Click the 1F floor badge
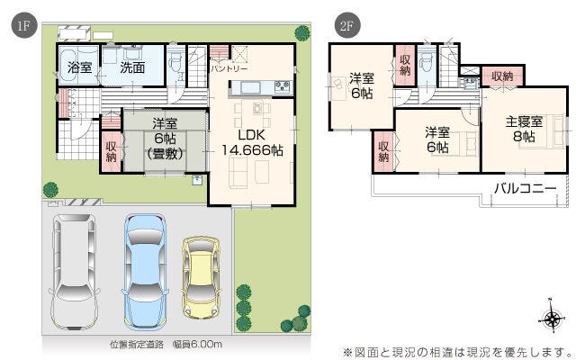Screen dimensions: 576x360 tap(24, 26)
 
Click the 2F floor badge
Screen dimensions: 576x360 tap(347, 26)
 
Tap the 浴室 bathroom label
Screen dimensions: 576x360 tap(80, 67)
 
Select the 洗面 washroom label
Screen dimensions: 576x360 tap(132, 67)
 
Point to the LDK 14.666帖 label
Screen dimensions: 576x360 tap(252, 142)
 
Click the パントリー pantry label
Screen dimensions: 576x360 tap(229, 68)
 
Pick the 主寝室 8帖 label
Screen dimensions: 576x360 tap(524, 129)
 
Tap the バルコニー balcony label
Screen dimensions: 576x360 tap(525, 189)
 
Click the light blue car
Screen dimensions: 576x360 tap(145, 272)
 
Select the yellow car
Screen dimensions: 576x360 tap(201, 277)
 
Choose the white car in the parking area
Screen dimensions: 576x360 tap(75, 272)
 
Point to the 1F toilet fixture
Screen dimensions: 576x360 tap(175, 61)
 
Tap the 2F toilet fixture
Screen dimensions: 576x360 tap(426, 62)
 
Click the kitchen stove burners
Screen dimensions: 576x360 tap(283, 86)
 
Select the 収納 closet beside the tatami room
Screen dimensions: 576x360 tap(112, 152)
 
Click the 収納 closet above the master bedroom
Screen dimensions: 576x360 tap(502, 76)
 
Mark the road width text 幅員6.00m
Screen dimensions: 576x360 tap(197, 345)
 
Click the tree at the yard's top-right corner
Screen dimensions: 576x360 tap(302, 33)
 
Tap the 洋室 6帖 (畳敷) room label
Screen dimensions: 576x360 tap(165, 139)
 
